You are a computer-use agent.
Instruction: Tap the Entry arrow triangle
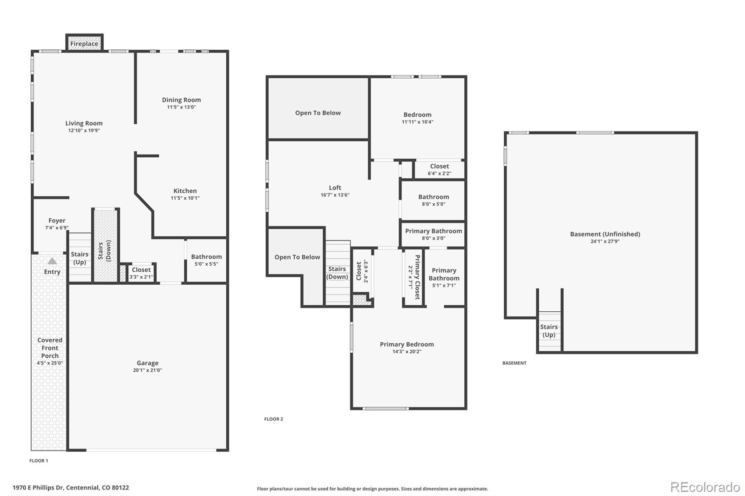(52, 261)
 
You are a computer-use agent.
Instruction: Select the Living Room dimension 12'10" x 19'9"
(84, 131)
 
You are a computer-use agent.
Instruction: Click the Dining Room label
(181, 100)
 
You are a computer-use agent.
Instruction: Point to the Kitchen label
(185, 191)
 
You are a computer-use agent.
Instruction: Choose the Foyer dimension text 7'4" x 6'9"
(57, 228)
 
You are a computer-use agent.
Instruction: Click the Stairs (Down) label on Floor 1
(104, 250)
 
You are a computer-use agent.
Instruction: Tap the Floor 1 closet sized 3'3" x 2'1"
(141, 273)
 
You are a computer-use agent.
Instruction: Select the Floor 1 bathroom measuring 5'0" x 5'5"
(206, 260)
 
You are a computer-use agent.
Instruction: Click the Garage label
(147, 363)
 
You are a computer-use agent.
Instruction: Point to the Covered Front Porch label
(49, 348)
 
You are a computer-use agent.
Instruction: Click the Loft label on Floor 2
(335, 188)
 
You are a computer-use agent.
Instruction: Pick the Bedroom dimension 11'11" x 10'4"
(417, 122)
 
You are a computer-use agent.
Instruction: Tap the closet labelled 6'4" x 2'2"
(439, 169)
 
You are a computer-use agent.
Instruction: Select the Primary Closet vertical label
(417, 277)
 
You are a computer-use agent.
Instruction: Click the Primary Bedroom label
(407, 344)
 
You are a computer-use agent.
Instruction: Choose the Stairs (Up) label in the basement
(549, 331)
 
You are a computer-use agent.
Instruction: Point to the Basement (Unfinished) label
(605, 234)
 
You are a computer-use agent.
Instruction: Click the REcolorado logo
(705, 487)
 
